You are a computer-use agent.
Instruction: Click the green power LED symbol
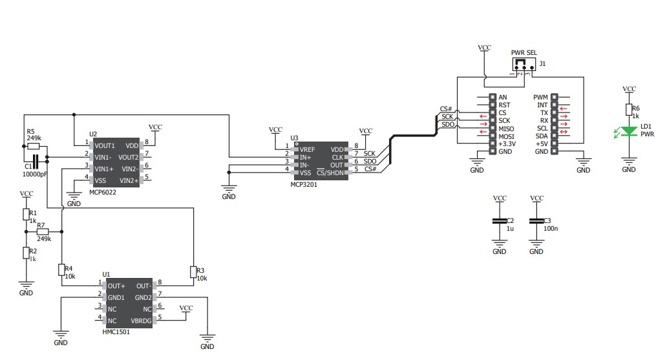tap(629, 133)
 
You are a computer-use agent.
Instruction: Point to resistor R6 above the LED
tap(629, 109)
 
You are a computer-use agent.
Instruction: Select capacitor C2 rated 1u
tap(500, 221)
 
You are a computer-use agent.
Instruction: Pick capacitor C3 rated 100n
tap(536, 221)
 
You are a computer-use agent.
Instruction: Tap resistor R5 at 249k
tap(34, 147)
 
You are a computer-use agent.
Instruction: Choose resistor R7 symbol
tap(43, 231)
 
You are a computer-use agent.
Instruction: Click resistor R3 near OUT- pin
tap(193, 271)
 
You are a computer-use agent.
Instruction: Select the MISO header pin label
tap(507, 128)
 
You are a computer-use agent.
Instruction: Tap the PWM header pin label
tap(541, 98)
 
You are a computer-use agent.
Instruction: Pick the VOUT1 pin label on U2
tap(105, 145)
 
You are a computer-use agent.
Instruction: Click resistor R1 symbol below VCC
tap(26, 214)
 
